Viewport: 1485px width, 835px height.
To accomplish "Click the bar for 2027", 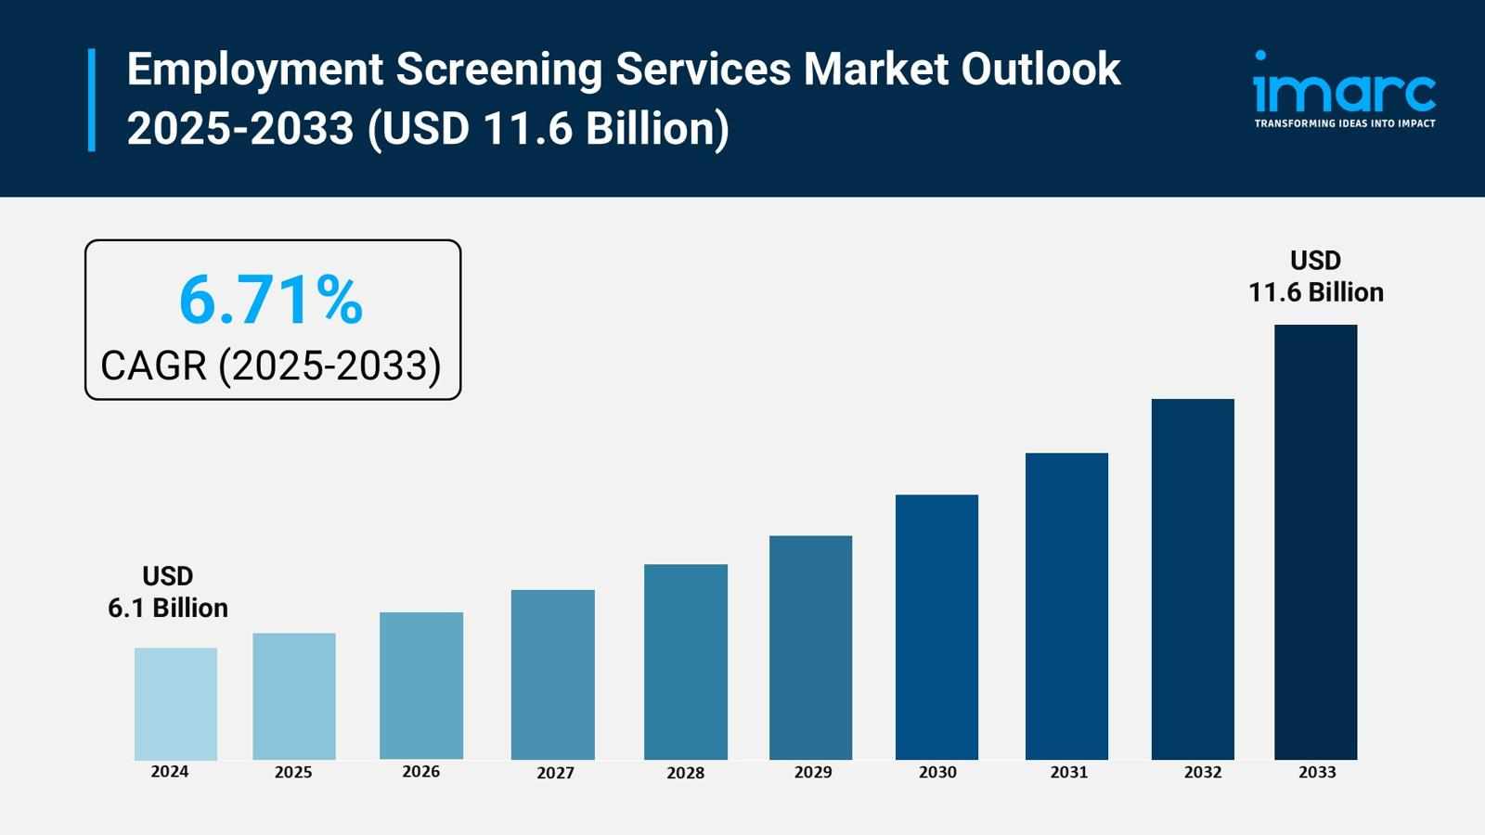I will pos(552,674).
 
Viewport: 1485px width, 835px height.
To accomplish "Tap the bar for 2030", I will pos(936,627).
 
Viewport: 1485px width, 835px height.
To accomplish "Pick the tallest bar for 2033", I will pos(1315,542).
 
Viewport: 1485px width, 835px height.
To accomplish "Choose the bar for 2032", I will pos(1193,579).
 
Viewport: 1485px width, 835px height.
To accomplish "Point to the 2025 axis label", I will pos(293,772).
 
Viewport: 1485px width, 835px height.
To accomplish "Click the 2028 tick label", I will pos(685,773).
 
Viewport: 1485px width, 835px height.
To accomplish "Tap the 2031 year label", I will pos(1068,772).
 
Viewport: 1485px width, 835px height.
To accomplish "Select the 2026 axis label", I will pos(420,772).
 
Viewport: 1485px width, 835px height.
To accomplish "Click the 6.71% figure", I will pos(271,300).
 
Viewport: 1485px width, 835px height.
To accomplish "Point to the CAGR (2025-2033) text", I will pos(271,366).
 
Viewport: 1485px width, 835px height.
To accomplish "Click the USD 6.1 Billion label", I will pos(168,592).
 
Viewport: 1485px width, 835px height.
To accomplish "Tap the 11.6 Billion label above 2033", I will pos(1315,292).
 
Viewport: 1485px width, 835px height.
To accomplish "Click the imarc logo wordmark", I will pos(1344,90).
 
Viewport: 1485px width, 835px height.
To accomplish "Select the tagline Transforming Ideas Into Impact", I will pos(1344,123).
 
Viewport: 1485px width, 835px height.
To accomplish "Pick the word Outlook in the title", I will pos(1040,70).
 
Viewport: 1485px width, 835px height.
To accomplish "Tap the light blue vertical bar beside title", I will pos(92,99).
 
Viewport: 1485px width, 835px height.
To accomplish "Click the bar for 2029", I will pos(810,648).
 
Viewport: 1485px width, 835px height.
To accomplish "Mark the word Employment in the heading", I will pos(255,70).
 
